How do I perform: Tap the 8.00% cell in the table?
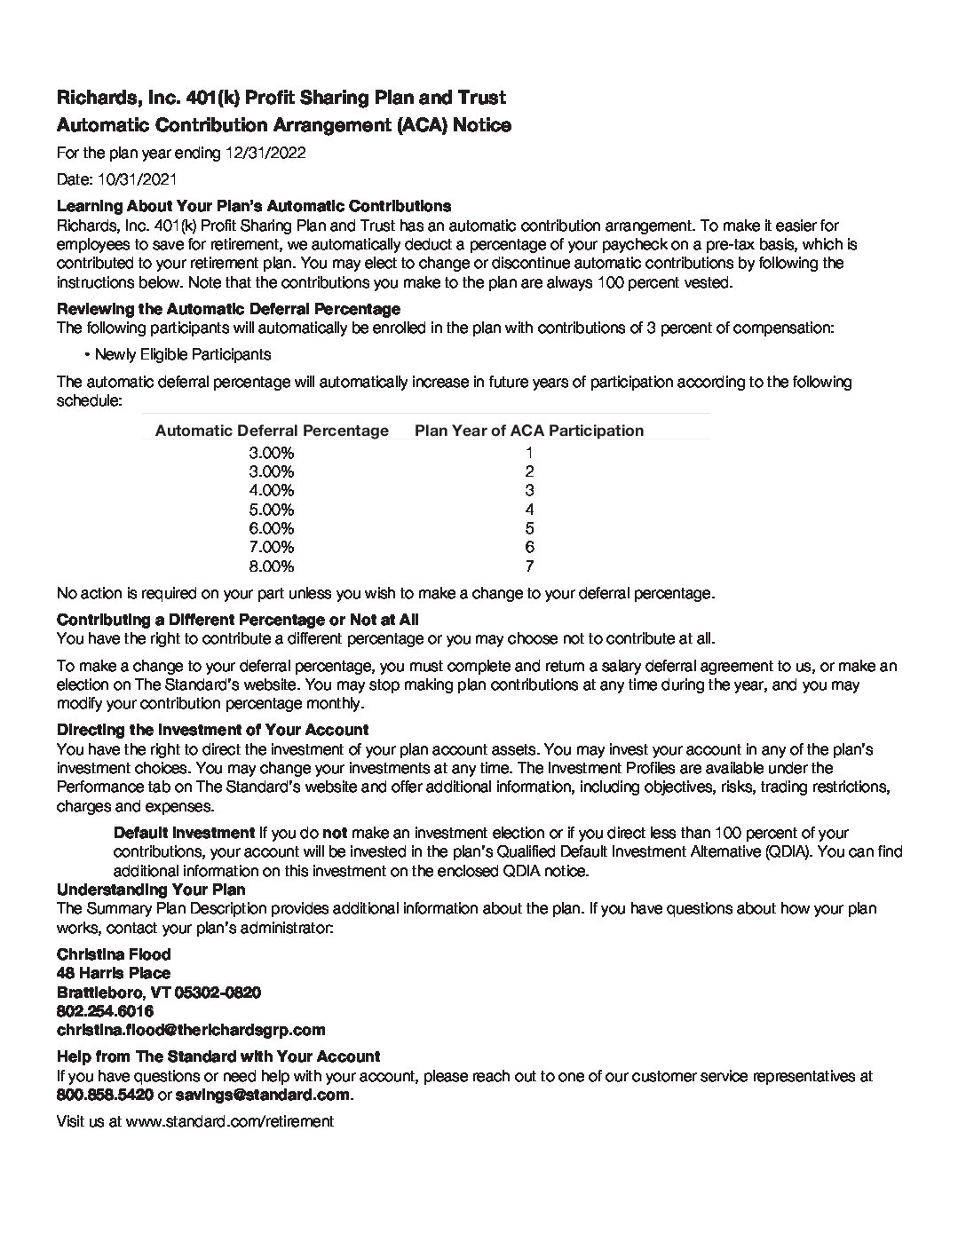point(271,566)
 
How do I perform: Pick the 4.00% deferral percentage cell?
point(271,490)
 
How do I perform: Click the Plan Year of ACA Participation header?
point(529,431)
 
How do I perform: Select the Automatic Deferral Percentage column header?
point(272,431)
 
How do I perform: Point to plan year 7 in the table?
point(529,566)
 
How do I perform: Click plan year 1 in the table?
point(529,452)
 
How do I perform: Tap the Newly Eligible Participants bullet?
point(182,354)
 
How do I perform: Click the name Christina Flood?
point(114,954)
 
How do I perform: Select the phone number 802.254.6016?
point(105,1011)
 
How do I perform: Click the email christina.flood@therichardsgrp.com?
point(191,1030)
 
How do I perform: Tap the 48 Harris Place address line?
point(114,973)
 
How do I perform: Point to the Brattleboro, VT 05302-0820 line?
point(159,992)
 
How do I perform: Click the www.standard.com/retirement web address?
point(230,1121)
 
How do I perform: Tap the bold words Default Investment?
point(184,833)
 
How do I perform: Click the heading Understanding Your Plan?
point(151,890)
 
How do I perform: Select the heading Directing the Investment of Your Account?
point(212,730)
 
